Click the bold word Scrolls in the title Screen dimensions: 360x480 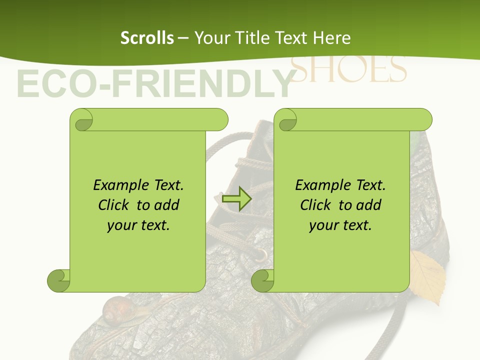[147, 38]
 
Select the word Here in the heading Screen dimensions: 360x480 [332, 38]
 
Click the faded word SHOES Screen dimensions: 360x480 [348, 70]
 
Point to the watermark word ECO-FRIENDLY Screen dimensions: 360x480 [154, 83]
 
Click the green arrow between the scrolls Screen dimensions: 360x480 [236, 199]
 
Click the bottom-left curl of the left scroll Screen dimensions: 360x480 [58, 280]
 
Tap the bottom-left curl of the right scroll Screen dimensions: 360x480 [262, 280]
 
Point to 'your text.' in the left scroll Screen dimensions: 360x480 [138, 225]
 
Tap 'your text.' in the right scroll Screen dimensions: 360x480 [340, 225]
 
